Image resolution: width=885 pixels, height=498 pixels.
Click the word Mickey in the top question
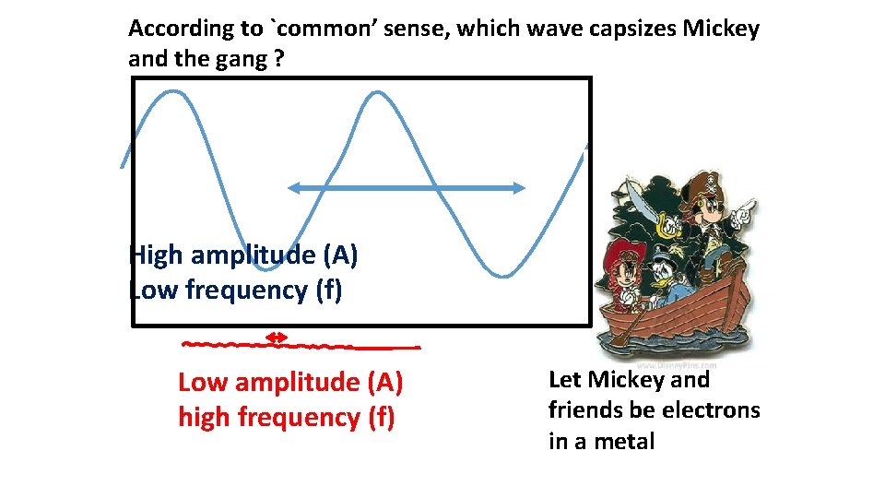click(x=720, y=29)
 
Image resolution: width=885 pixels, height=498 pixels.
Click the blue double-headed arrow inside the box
click(x=406, y=187)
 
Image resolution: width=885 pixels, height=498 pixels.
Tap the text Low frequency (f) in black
click(x=236, y=290)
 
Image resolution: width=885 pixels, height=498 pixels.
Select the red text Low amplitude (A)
click(x=290, y=382)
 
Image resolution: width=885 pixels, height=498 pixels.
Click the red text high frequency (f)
click(x=286, y=417)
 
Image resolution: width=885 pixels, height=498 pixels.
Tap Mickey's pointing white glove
click(x=745, y=212)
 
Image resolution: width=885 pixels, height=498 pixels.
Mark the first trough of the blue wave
click(x=266, y=268)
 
